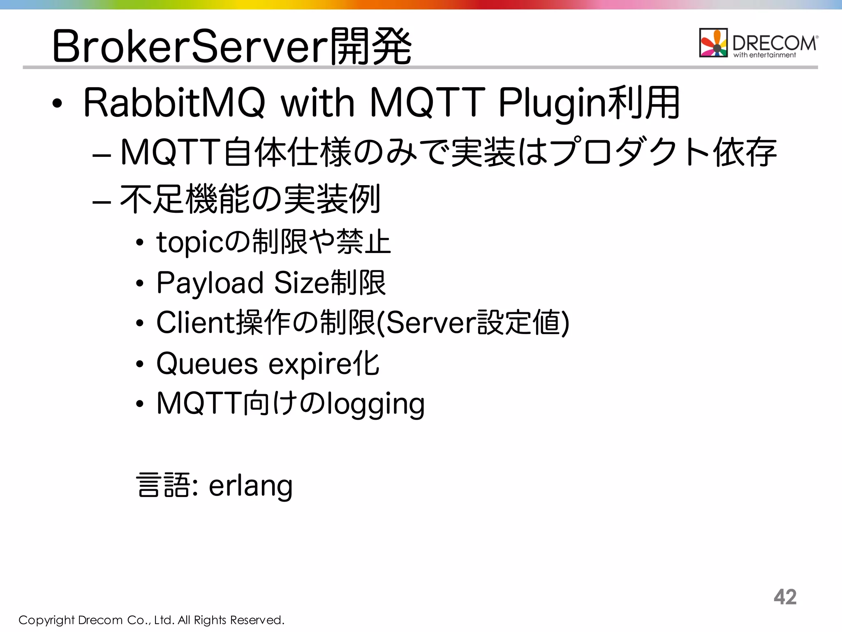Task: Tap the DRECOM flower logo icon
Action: click(x=713, y=43)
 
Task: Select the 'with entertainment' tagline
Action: click(x=765, y=55)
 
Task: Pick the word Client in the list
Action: click(x=195, y=323)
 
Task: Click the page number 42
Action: click(x=785, y=597)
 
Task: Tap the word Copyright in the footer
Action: click(x=46, y=620)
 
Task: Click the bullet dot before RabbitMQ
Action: click(x=57, y=104)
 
